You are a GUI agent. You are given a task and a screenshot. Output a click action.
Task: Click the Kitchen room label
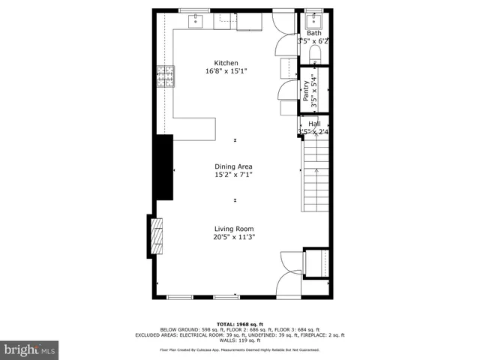click(x=226, y=63)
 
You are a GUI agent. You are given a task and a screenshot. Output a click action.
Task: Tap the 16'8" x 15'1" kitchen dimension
click(x=226, y=71)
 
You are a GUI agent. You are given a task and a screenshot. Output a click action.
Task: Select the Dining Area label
click(x=233, y=166)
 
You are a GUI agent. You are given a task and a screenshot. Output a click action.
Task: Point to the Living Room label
click(x=234, y=229)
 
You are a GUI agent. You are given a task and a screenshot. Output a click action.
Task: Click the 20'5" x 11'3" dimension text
click(x=234, y=238)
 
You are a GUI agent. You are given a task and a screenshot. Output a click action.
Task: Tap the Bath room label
click(x=313, y=33)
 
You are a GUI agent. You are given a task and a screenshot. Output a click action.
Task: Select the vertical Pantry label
click(x=306, y=91)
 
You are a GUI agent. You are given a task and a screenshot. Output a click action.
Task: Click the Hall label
click(x=314, y=124)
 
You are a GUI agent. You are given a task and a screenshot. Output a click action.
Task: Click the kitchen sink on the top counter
click(x=197, y=19)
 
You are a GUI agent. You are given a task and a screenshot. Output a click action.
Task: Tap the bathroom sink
click(x=313, y=19)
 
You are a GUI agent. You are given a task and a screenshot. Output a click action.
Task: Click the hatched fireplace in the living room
click(x=156, y=237)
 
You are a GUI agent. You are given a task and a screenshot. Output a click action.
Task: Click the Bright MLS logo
click(x=30, y=349)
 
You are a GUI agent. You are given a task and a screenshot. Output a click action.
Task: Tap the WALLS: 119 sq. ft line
click(x=239, y=340)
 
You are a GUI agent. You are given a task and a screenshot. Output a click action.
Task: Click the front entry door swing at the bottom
click(x=287, y=283)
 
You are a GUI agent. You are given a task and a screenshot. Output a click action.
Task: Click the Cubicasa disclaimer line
click(x=239, y=349)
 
